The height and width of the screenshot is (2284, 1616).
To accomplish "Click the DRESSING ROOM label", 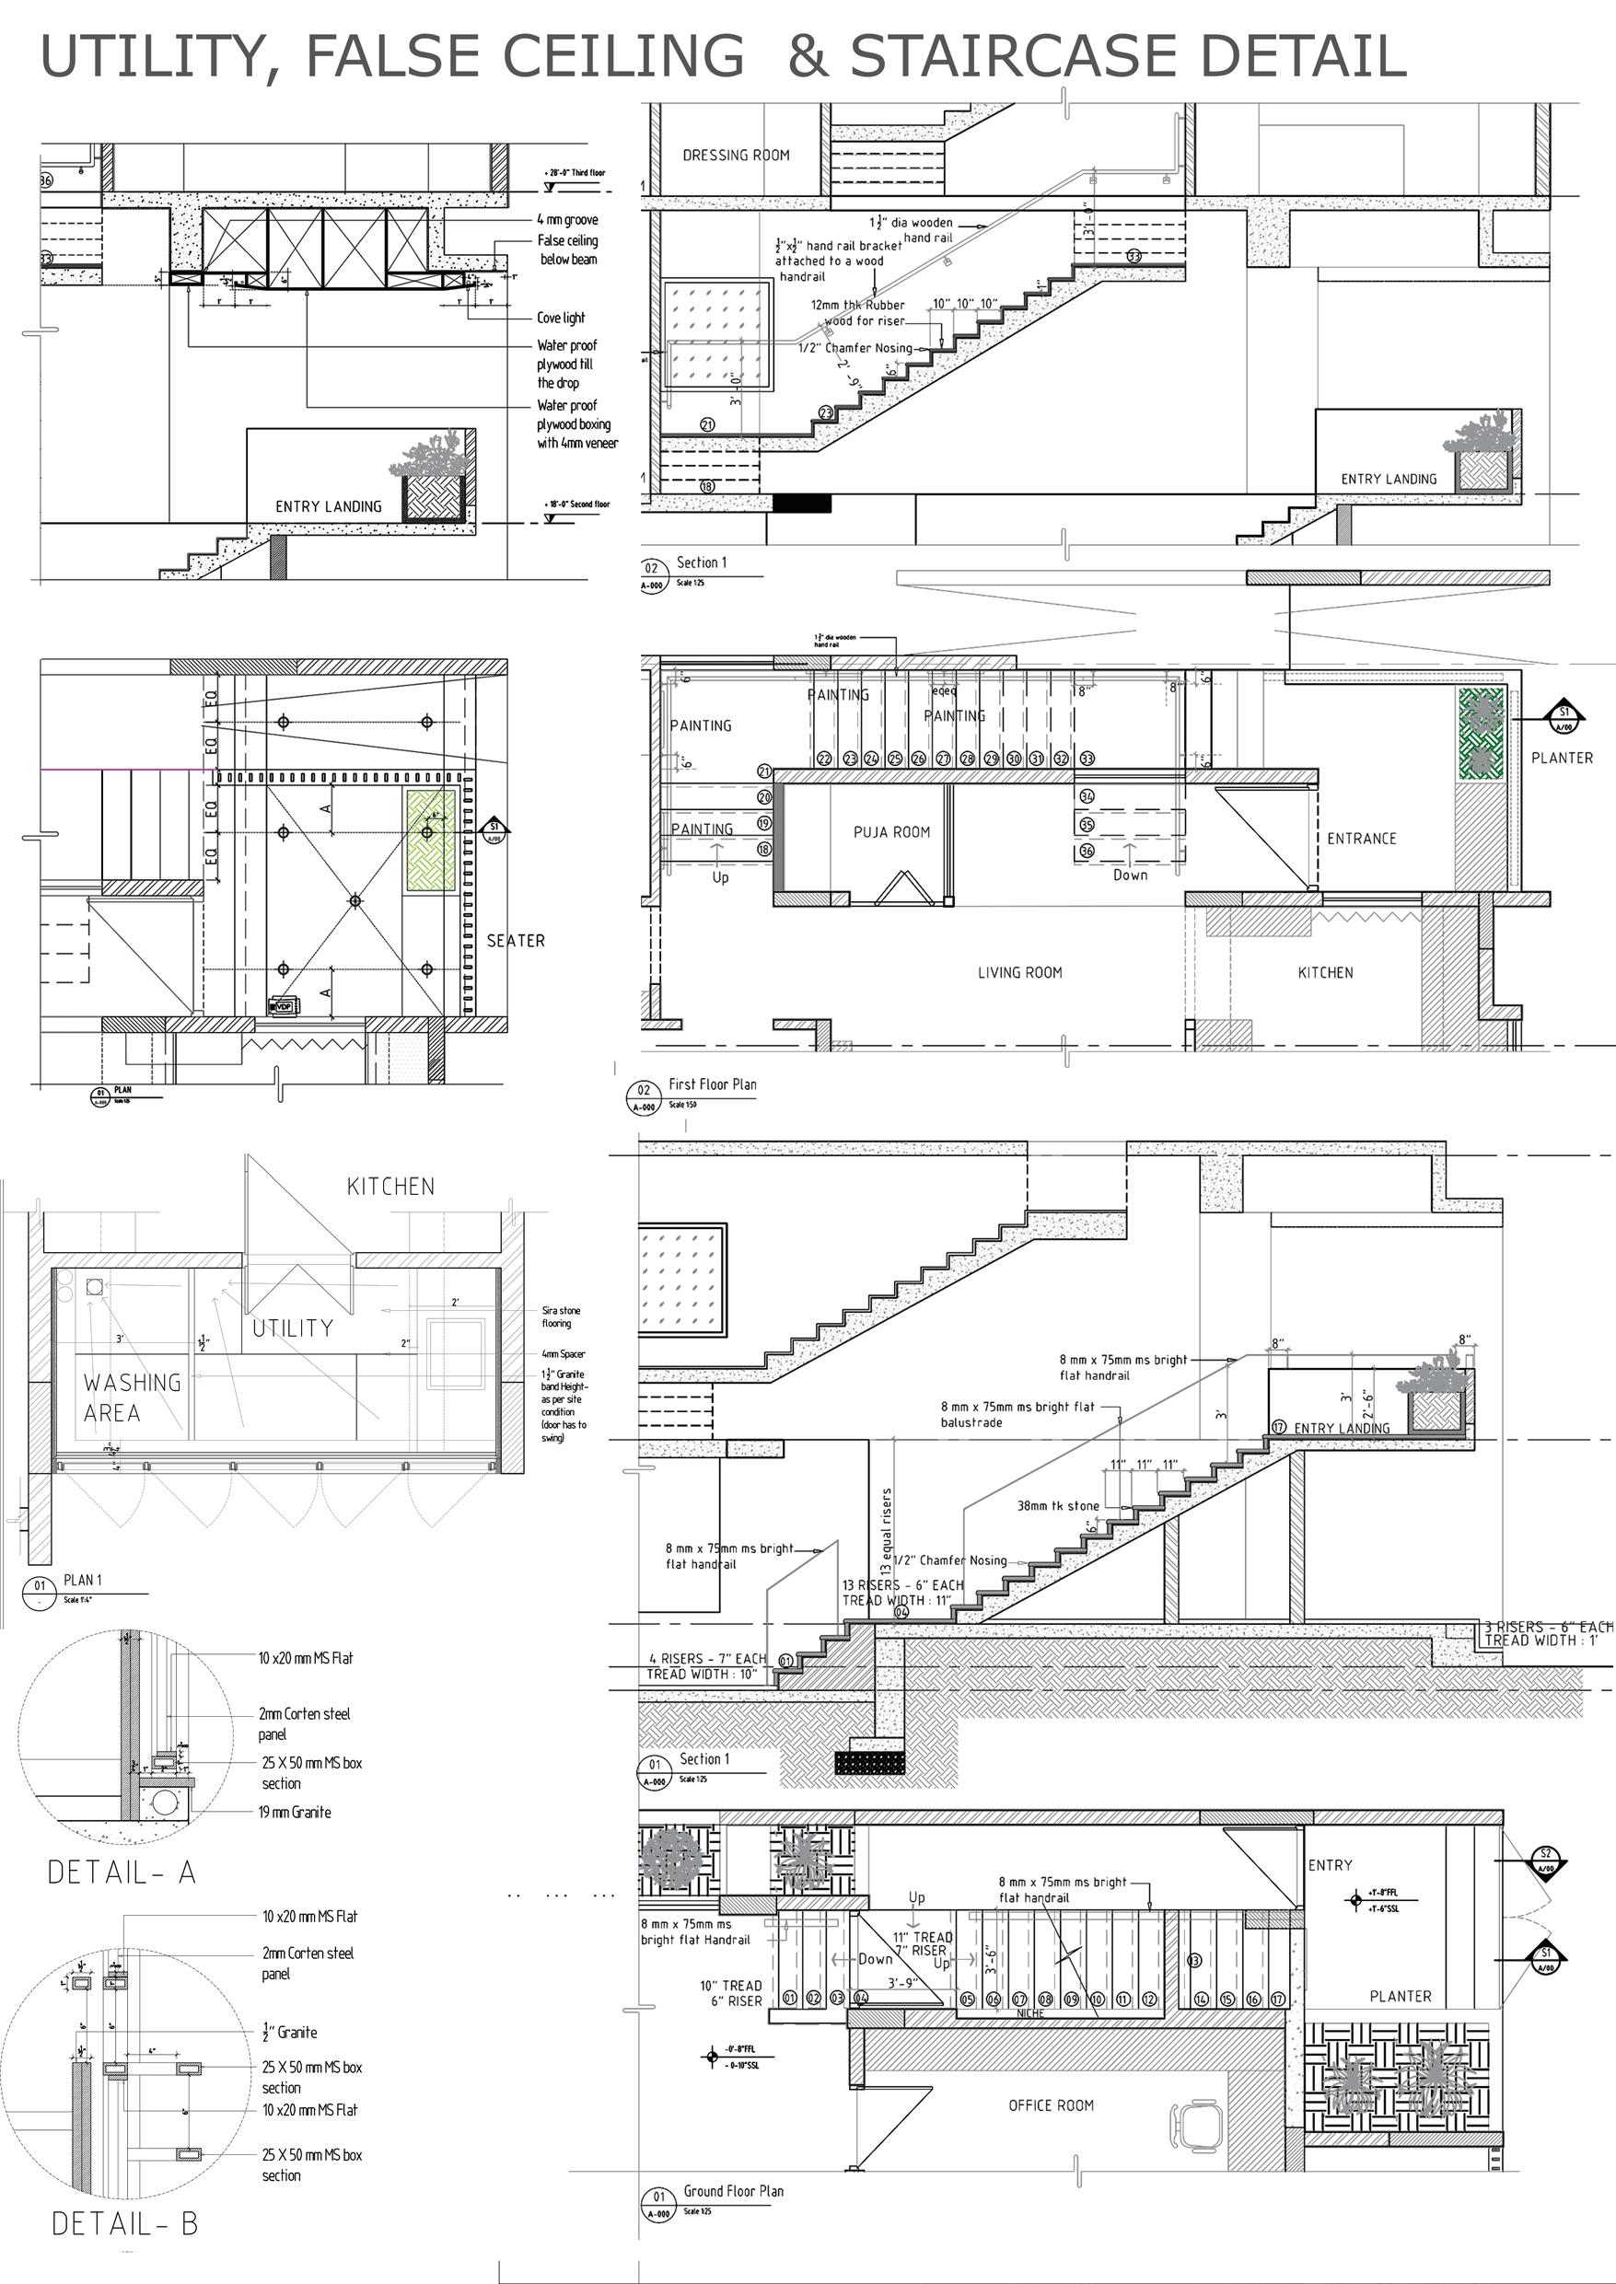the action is point(736,156).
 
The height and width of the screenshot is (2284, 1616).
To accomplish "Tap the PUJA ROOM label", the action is point(891,831).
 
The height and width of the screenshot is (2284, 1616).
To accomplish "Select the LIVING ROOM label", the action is point(1019,972).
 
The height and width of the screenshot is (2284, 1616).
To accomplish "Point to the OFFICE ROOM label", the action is point(1050,2104).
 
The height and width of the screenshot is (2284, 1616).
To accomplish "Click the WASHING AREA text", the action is point(132,1397).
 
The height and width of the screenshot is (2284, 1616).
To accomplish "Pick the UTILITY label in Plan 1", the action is point(292,1328).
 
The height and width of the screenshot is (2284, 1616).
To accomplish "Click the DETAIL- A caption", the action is point(122,1872).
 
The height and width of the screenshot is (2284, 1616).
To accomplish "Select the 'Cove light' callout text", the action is point(561,318).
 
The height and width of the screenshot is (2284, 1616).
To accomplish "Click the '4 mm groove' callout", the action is point(567,219).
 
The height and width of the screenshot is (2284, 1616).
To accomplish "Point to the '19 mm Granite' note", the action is point(295,1812).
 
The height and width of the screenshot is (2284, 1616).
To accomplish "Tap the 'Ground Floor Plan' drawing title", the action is point(733,2190).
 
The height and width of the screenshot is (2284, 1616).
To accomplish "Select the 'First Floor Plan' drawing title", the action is point(712,1084).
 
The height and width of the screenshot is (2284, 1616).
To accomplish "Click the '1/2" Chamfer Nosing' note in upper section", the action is point(855,348).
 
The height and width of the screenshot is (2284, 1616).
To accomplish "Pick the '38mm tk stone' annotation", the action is point(1058,1506).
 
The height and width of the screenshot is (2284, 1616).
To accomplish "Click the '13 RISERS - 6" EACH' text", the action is point(901,1584).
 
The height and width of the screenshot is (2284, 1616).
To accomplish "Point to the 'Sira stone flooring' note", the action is point(560,1316).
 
